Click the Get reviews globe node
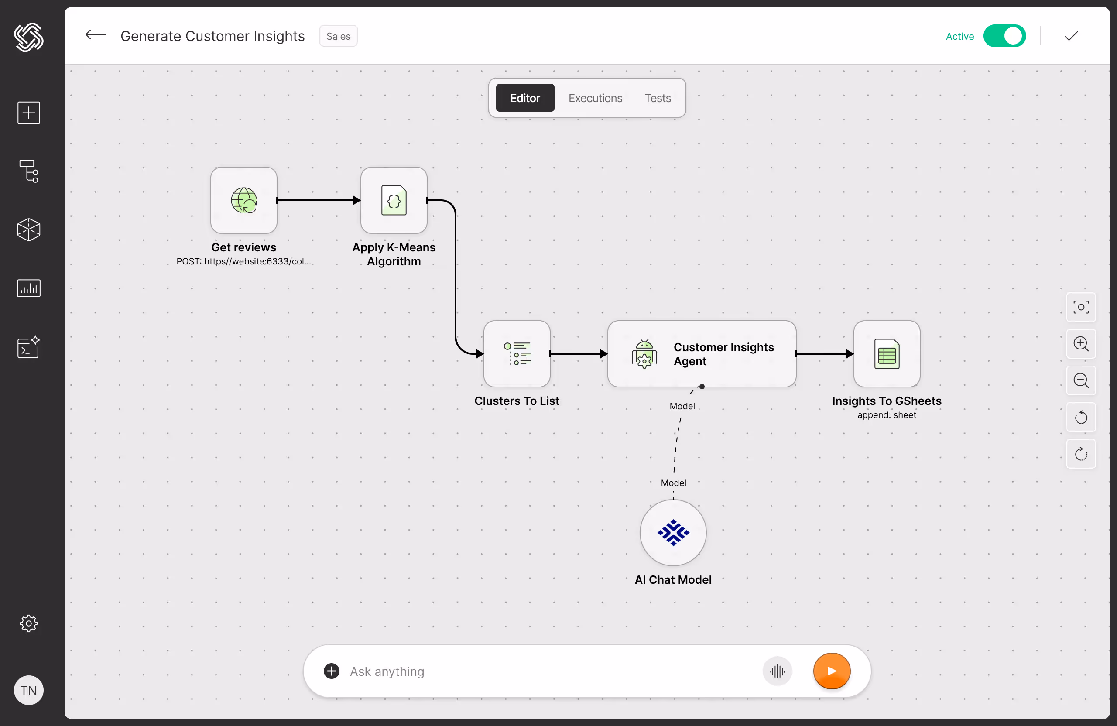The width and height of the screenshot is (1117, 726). tap(243, 200)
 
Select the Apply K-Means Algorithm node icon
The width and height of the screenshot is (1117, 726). tap(394, 200)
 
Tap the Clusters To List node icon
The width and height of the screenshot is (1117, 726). tap(517, 354)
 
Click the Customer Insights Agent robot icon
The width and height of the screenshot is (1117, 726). tap(644, 354)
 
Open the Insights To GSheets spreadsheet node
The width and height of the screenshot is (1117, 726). tap(887, 354)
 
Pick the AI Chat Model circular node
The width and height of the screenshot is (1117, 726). tap(673, 533)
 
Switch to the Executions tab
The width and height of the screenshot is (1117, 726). tap(595, 98)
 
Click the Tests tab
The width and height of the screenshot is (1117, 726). tap(658, 98)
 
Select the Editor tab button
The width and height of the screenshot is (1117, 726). tap(525, 98)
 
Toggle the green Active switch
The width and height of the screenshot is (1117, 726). tap(1004, 36)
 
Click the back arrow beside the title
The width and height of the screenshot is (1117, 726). tap(96, 36)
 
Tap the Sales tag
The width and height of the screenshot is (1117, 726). tap(338, 36)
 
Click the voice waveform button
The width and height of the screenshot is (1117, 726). tap(777, 671)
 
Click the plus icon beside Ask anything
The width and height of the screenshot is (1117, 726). tap(331, 671)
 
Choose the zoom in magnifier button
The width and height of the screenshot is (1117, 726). tap(1081, 344)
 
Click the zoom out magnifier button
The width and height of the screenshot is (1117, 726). tap(1081, 380)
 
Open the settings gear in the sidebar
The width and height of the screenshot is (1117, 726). tap(29, 623)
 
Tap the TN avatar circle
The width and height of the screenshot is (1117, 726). tap(29, 690)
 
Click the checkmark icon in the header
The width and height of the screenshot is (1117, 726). tap(1072, 36)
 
